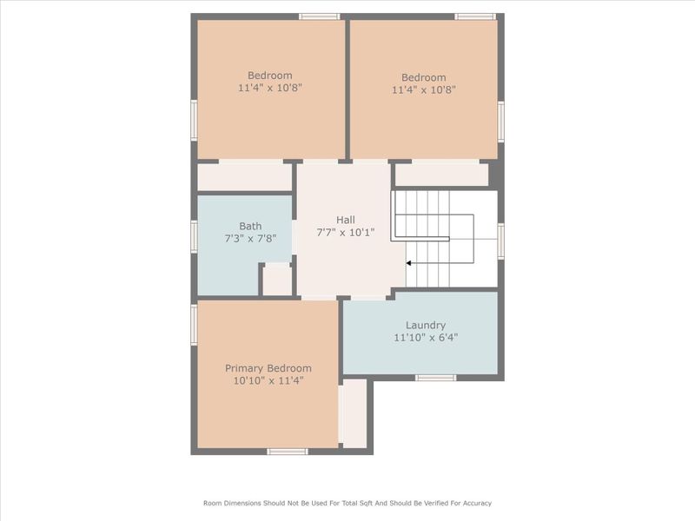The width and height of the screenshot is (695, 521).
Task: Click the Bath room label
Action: [x=250, y=226]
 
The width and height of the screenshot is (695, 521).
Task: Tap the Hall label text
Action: [x=346, y=220]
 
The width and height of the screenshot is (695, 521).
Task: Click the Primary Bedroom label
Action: [x=268, y=368]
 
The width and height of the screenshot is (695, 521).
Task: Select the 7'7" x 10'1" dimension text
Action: [x=346, y=232]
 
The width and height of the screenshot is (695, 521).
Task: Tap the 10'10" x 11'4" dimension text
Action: [x=268, y=380]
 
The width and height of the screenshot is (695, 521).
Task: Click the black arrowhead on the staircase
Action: [x=410, y=263]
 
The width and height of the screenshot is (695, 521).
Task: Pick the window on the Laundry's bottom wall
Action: [x=435, y=378]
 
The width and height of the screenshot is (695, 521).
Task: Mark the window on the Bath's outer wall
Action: [x=195, y=236]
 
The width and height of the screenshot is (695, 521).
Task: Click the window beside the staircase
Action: [x=500, y=241]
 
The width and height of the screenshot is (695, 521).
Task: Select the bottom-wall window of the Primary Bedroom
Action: [x=287, y=452]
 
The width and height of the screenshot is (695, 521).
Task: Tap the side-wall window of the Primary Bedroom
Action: [x=195, y=324]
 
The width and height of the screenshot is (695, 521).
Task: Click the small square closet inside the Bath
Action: [x=277, y=280]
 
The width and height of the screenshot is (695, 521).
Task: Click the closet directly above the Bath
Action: [x=244, y=177]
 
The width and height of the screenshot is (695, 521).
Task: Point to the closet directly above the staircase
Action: [x=441, y=175]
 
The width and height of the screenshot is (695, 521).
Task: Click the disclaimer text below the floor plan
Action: [x=347, y=503]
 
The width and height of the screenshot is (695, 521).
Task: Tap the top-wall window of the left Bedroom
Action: [x=319, y=16]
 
